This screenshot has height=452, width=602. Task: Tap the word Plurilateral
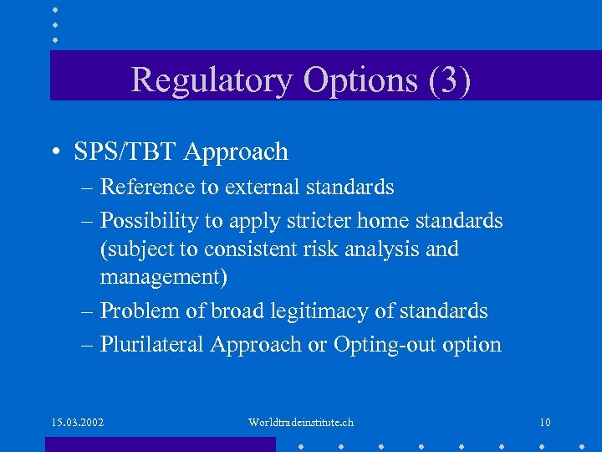point(152,344)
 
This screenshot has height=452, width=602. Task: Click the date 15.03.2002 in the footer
point(76,422)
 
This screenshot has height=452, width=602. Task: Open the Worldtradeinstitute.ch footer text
point(301,422)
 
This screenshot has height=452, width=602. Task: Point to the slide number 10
point(544,422)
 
